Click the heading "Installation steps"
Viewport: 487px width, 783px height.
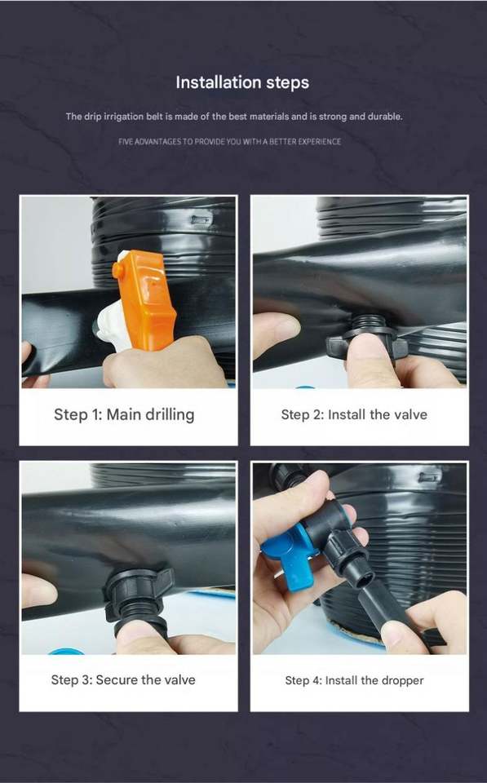click(x=242, y=82)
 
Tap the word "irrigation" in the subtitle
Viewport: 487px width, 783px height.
click(x=123, y=117)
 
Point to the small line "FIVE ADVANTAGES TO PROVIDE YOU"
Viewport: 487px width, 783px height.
click(x=179, y=142)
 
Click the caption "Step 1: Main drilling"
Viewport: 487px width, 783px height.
click(x=124, y=414)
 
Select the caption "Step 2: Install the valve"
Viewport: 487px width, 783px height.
click(x=354, y=414)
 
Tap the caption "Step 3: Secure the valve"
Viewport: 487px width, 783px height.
click(x=123, y=679)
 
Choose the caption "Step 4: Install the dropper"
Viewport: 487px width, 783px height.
click(x=354, y=680)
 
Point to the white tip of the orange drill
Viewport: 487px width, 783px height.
click(x=111, y=327)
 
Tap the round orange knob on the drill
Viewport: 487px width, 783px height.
click(x=118, y=270)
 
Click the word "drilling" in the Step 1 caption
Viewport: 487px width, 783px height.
click(x=168, y=415)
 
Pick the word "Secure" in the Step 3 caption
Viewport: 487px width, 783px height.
click(x=117, y=679)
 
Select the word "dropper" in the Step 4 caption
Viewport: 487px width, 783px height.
click(x=402, y=680)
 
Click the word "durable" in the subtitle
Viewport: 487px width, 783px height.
click(x=385, y=117)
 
